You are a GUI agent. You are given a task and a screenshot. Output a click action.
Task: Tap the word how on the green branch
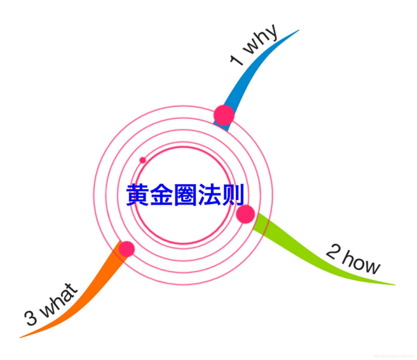point(362,263)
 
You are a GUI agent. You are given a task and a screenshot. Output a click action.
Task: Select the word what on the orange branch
point(61,302)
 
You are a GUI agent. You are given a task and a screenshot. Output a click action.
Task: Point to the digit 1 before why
point(236,60)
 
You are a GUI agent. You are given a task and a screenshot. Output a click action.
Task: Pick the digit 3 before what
point(30,318)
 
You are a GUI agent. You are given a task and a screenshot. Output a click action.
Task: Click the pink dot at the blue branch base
point(224,115)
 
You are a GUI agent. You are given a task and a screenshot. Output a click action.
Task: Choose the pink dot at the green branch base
point(245,214)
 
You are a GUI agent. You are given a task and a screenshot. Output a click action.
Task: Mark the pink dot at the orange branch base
point(126,249)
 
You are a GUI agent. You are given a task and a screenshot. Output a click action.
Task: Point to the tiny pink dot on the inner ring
point(142,160)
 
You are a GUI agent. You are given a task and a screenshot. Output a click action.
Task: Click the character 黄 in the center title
point(138,195)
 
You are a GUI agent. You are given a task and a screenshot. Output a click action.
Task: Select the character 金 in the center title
point(161,195)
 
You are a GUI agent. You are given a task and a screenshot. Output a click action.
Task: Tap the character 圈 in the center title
point(185,195)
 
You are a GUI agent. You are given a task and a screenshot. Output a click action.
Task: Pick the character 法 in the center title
point(208,195)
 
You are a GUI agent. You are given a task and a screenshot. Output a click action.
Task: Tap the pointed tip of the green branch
point(394,284)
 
